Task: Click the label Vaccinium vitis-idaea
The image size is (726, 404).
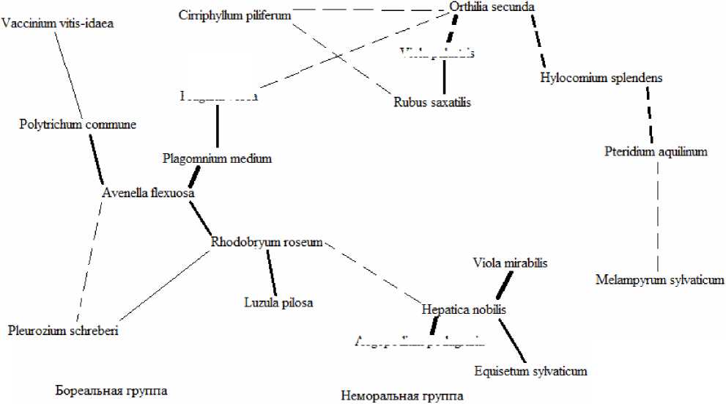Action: point(58,23)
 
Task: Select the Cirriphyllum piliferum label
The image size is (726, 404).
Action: point(224,15)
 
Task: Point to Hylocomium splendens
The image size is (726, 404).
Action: point(601,78)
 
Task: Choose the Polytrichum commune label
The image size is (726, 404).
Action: point(78,124)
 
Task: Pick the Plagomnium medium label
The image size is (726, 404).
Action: point(217,158)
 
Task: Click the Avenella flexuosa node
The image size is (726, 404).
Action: point(147,194)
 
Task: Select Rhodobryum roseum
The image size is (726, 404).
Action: point(267,242)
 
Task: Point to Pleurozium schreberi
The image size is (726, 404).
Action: point(63,331)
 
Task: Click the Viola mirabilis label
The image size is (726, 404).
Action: point(511,262)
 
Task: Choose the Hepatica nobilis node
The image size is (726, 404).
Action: point(464,309)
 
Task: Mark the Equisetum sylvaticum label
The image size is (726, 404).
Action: point(530,371)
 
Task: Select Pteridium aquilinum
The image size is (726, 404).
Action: point(656,153)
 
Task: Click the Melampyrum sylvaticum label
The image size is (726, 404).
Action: point(659,280)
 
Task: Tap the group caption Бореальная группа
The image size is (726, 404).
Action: point(111,391)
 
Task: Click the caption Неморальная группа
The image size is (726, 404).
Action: point(401,396)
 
